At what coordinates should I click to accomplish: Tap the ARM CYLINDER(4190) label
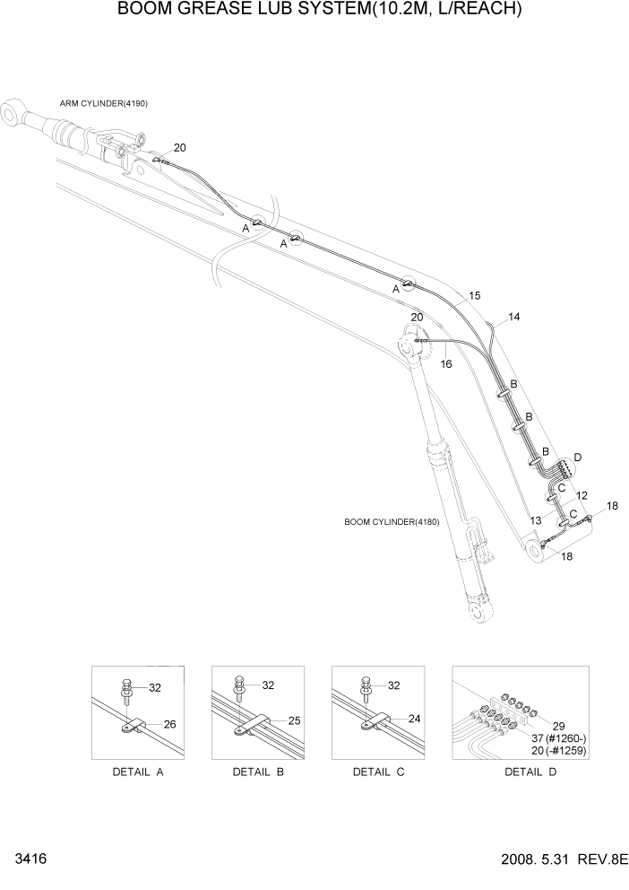coord(104,103)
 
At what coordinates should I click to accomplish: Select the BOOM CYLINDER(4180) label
coord(391,522)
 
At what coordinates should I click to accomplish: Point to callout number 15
coord(475,295)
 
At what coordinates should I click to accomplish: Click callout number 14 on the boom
coord(513,317)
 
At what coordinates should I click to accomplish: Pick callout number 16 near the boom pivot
coord(445,363)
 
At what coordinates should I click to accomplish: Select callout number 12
coord(582,495)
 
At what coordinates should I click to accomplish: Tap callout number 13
coord(535,520)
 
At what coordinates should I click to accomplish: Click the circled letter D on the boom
coord(577,458)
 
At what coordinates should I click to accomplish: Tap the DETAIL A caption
coord(137,772)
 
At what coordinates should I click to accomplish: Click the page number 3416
coord(30,859)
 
